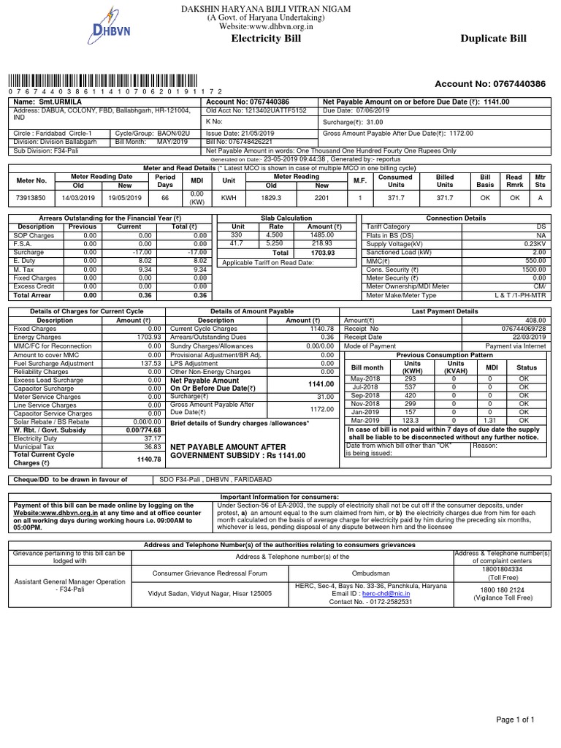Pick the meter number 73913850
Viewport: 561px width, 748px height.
(x=31, y=197)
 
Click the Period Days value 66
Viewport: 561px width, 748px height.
(x=164, y=197)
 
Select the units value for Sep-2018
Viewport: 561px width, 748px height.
(x=412, y=394)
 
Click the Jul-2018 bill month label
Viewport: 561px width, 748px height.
(x=367, y=386)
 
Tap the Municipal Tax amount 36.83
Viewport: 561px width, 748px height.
(x=151, y=446)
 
